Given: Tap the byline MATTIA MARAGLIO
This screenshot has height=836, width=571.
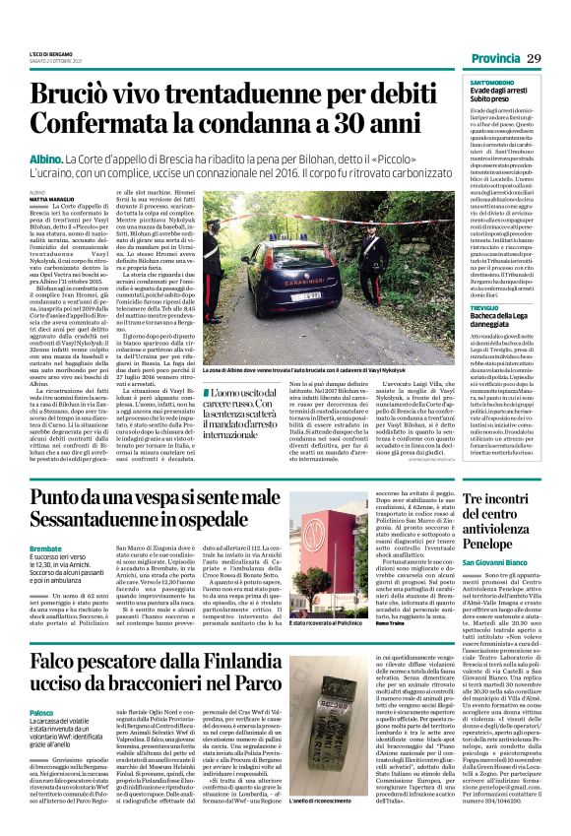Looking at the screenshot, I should point(50,200).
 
